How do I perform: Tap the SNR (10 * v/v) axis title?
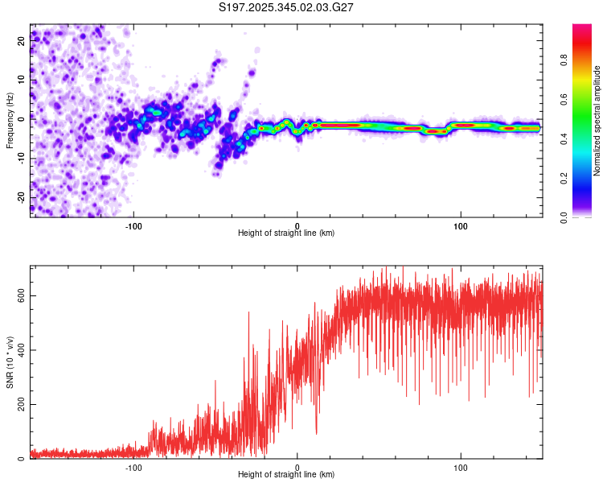click(10, 362)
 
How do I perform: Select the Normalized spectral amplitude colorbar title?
click(597, 121)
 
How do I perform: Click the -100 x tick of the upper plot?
click(133, 225)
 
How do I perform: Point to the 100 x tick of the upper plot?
click(461, 225)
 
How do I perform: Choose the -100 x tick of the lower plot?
click(133, 468)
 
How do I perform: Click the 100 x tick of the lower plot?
click(461, 468)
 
